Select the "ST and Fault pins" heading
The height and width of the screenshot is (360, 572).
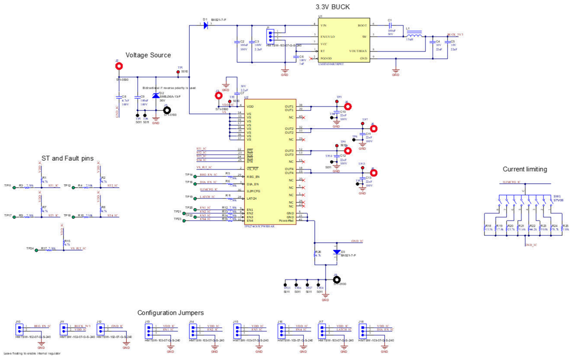pyautogui.click(x=68, y=158)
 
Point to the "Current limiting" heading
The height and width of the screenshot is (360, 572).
pyautogui.click(x=525, y=169)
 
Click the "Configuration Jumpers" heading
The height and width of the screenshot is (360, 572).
pyautogui.click(x=171, y=312)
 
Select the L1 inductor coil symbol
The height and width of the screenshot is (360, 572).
pyautogui.click(x=416, y=35)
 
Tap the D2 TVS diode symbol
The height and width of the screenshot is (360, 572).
pyautogui.click(x=155, y=96)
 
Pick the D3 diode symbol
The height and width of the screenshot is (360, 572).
pyautogui.click(x=337, y=251)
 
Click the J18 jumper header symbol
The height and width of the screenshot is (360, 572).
pyautogui.click(x=364, y=329)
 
